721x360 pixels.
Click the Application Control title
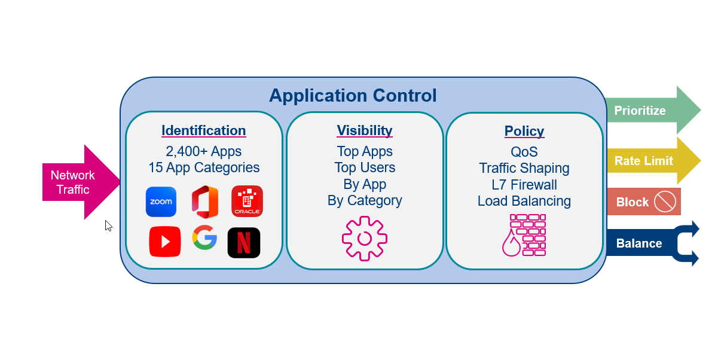tap(353, 96)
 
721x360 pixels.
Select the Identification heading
tap(203, 130)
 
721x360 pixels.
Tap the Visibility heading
tap(365, 130)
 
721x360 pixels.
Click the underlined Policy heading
tap(524, 131)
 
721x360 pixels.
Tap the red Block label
tap(633, 202)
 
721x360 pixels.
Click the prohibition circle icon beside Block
tap(665, 202)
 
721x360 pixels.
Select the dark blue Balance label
tap(639, 243)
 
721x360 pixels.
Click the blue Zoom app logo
tap(161, 202)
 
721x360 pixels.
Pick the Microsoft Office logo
tap(204, 202)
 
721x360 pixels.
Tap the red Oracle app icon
tap(247, 202)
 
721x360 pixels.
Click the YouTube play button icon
tap(165, 242)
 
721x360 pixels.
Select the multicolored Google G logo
tap(204, 238)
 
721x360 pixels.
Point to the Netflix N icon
tap(244, 243)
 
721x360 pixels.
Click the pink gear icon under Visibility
tap(365, 239)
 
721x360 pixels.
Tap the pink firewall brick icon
tap(524, 235)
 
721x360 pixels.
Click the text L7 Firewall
tap(524, 185)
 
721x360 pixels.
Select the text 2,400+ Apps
tap(203, 151)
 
